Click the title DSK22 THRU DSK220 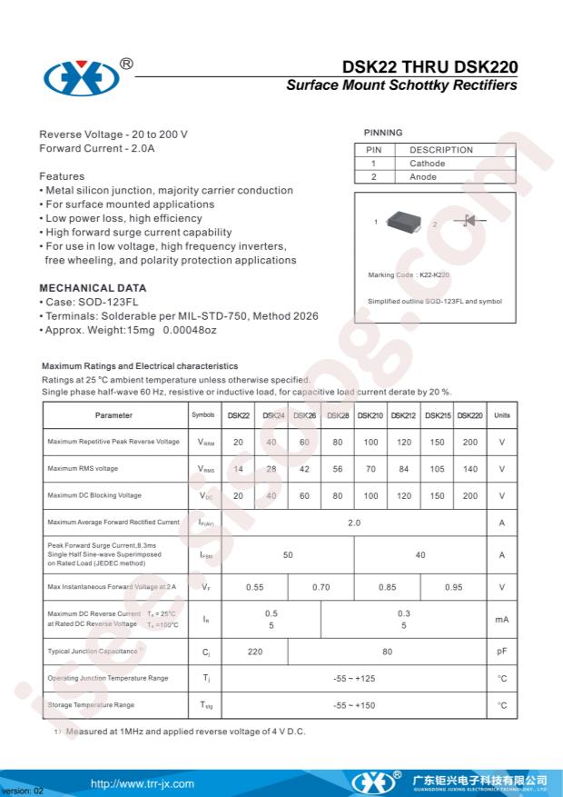tap(430, 66)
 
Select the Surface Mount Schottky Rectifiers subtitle tap(401, 85)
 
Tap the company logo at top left tap(81, 78)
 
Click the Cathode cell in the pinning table tap(427, 164)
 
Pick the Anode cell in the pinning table tap(423, 177)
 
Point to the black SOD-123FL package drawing tap(404, 221)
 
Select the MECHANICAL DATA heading tap(93, 288)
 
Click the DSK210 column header tap(370, 415)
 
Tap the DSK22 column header tap(238, 415)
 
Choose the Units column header tap(501, 415)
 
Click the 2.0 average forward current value tap(354, 523)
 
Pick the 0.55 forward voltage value tap(255, 587)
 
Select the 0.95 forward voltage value tap(453, 587)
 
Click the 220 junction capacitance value tap(255, 652)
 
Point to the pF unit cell tap(501, 652)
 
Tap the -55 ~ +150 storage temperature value tap(354, 705)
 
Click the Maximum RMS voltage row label tap(83, 469)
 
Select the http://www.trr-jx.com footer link tap(143, 783)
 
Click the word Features tap(62, 176)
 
